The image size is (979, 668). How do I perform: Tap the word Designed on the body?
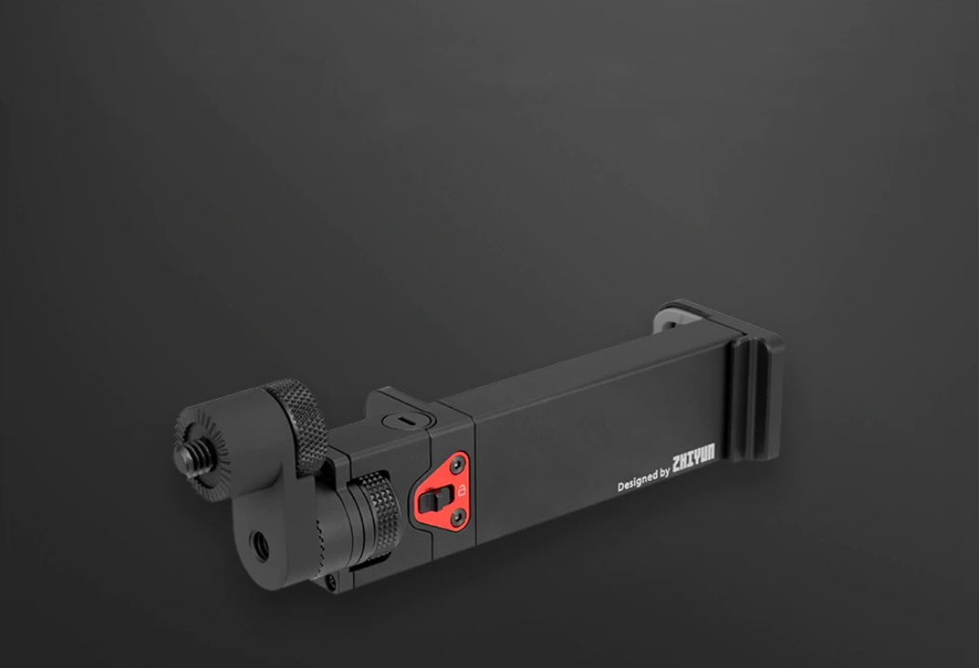pyautogui.click(x=636, y=482)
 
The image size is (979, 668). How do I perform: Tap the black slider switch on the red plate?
pyautogui.click(x=434, y=499)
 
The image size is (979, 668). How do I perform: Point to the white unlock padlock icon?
pyautogui.click(x=462, y=490)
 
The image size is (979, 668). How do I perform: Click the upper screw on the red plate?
pyautogui.click(x=458, y=464)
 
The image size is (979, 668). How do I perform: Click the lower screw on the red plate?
pyautogui.click(x=459, y=516)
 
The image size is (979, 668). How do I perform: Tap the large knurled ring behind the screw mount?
pyautogui.click(x=296, y=425)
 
